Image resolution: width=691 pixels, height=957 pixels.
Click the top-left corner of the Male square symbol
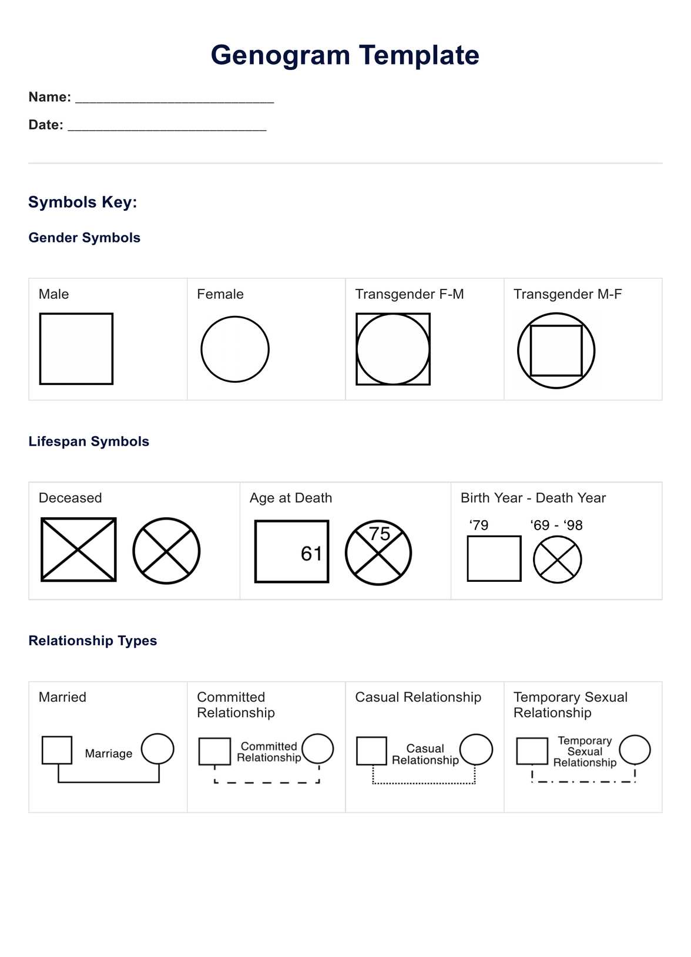pyautogui.click(x=40, y=314)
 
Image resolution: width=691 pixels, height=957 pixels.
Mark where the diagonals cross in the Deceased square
pyautogui.click(x=78, y=550)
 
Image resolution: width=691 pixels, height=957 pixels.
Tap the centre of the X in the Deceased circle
pyautogui.click(x=166, y=551)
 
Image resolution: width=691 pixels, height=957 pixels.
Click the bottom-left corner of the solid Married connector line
pyautogui.click(x=59, y=782)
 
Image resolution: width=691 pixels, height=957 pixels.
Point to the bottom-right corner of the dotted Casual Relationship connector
pyautogui.click(x=475, y=783)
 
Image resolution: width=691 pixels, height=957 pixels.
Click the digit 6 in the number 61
pyautogui.click(x=306, y=554)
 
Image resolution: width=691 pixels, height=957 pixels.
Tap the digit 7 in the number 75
pyautogui.click(x=374, y=534)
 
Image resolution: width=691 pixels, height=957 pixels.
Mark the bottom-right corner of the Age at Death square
pyautogui.click(x=328, y=582)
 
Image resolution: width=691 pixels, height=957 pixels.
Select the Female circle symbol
pyautogui.click(x=235, y=316)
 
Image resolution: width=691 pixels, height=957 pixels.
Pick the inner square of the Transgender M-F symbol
pyautogui.click(x=556, y=326)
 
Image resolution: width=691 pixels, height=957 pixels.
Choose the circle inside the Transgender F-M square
pyautogui.click(x=393, y=315)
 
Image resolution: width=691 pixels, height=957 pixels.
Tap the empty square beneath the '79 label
pyautogui.click(x=494, y=537)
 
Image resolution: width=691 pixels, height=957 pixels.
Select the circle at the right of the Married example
pyautogui.click(x=157, y=734)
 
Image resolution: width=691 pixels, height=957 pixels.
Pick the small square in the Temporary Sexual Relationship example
pyautogui.click(x=532, y=738)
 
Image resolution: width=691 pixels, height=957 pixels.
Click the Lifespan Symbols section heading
pyautogui.click(x=89, y=442)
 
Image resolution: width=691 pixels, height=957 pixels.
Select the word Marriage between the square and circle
pyautogui.click(x=109, y=754)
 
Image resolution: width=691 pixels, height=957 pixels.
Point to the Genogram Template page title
pyautogui.click(x=345, y=55)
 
